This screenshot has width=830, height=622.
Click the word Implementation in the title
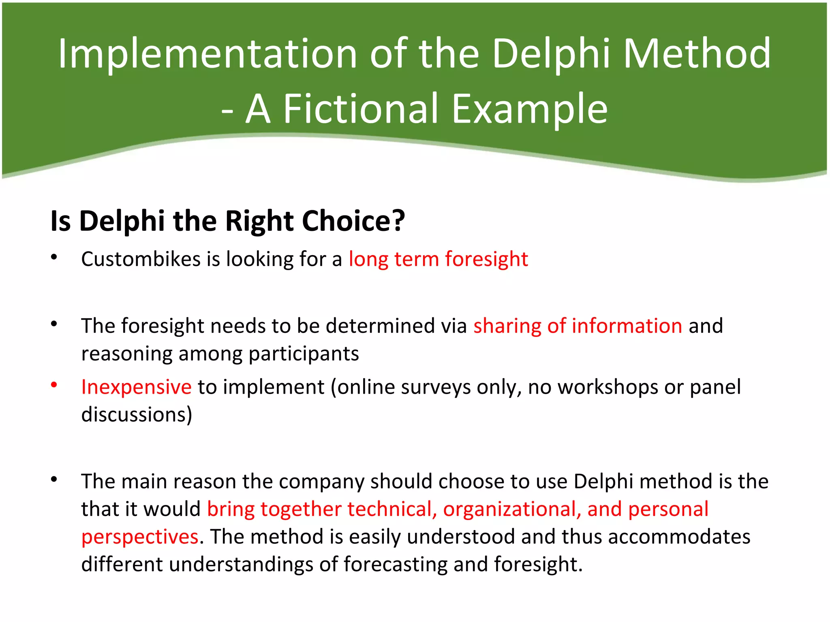pos(207,54)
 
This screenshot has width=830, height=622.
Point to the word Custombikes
pos(141,259)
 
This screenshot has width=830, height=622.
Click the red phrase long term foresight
pos(438,259)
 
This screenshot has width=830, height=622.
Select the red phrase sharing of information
pos(578,326)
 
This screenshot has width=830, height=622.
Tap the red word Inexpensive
pos(136,387)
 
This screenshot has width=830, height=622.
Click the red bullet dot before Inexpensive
pos(54,385)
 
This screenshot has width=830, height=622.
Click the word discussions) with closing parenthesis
pos(137,415)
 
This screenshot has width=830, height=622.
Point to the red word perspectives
pos(140,537)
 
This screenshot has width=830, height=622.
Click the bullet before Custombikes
pos(54,257)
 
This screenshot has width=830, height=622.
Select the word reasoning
pos(127,354)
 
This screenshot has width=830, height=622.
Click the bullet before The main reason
pos(54,479)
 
